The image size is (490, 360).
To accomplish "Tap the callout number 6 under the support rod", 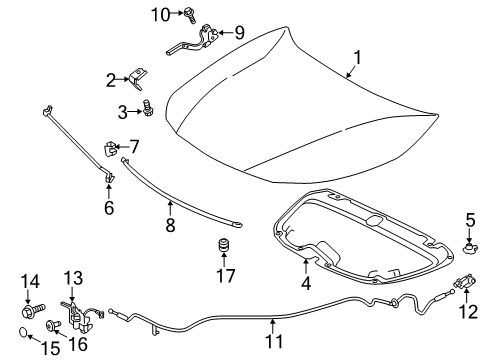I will tap(109, 208).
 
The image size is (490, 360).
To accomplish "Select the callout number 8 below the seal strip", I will tap(170, 226).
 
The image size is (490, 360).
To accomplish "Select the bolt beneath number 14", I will tap(31, 312).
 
